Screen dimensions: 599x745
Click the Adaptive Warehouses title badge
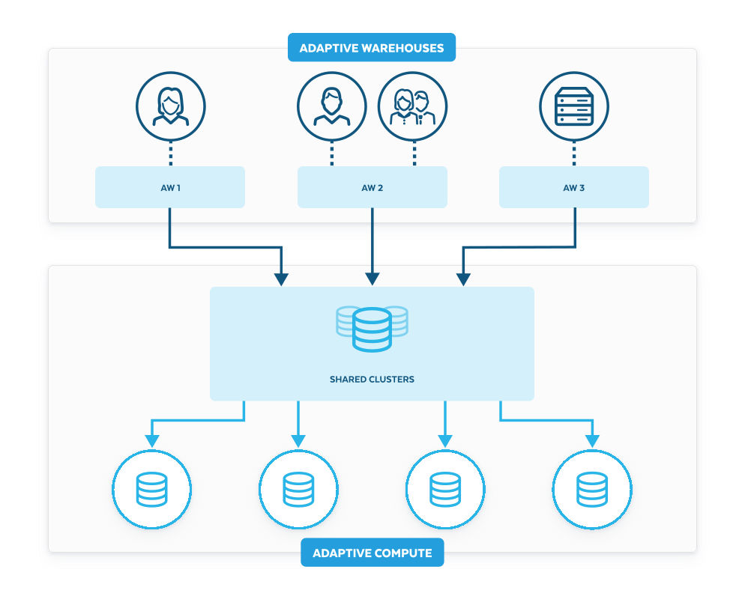[372, 49]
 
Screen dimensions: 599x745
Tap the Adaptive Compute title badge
[372, 553]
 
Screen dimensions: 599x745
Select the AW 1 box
[170, 187]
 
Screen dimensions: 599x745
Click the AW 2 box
[372, 187]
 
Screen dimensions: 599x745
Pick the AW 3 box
[573, 187]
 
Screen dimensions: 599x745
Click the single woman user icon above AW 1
[170, 106]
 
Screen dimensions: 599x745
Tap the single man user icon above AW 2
[331, 106]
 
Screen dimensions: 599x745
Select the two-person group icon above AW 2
[412, 106]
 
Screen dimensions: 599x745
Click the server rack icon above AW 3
[573, 106]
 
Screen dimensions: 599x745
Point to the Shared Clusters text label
[372, 380]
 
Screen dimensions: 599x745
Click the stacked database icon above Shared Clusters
[372, 328]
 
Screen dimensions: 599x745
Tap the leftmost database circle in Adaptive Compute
[152, 490]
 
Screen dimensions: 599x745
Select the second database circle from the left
[298, 490]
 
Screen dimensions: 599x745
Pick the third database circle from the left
[445, 490]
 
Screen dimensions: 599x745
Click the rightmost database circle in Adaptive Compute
[592, 490]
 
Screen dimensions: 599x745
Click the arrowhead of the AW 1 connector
[281, 279]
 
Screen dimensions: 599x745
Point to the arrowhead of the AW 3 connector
[463, 279]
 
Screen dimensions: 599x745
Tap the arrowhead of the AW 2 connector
[372, 279]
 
